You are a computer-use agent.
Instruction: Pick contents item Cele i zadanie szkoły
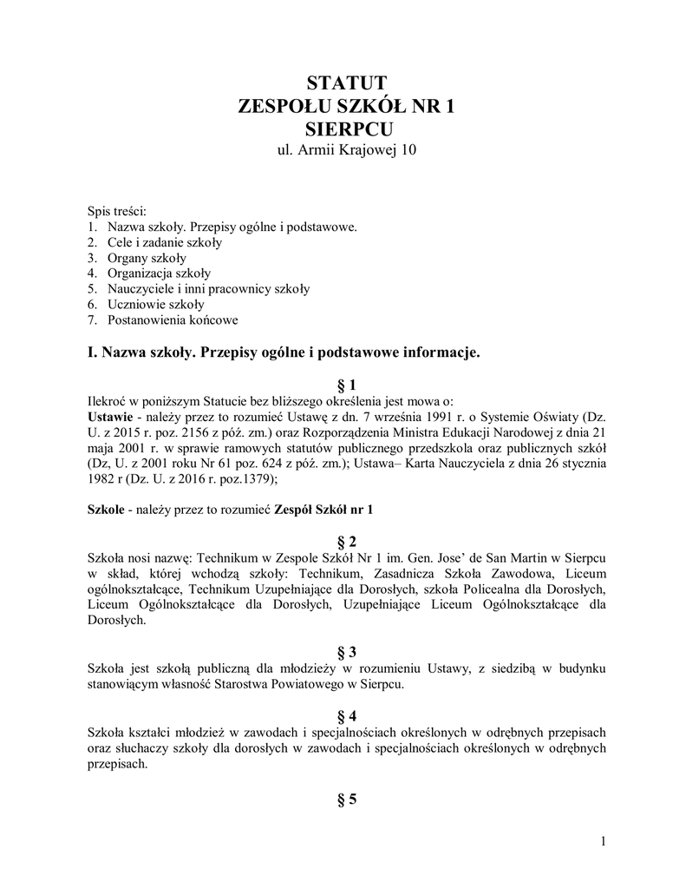coord(164,242)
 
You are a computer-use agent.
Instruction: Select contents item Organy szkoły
coord(147,258)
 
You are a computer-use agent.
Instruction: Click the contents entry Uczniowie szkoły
coord(156,305)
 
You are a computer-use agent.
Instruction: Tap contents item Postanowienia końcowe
coord(173,320)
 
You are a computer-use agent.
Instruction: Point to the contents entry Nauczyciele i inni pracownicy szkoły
coord(208,289)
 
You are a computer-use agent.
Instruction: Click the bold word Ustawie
coord(111,416)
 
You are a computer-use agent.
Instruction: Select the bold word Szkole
coord(106,509)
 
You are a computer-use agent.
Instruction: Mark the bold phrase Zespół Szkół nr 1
coord(323,509)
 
